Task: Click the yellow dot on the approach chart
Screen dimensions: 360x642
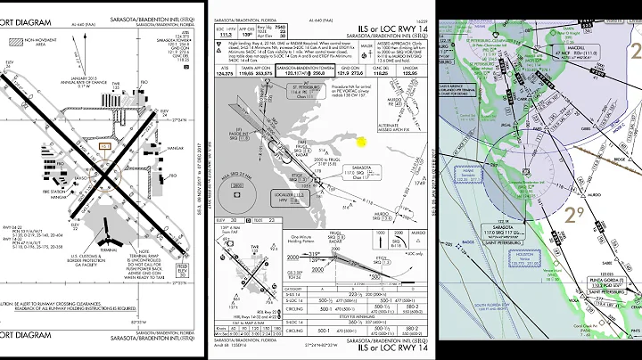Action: [362, 140]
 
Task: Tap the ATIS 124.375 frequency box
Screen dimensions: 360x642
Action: [226, 71]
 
